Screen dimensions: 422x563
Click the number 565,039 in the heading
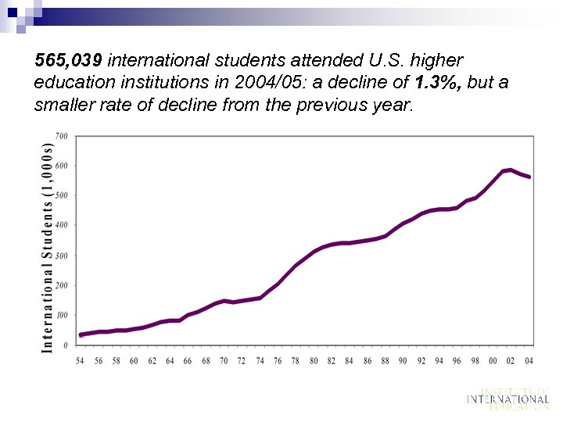coord(69,60)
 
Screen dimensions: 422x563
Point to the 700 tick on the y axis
coord(61,136)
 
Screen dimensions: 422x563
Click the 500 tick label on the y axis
coord(61,195)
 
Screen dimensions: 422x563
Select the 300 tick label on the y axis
coord(61,256)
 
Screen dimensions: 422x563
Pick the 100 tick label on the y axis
coord(61,315)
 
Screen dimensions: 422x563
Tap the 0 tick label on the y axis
coord(65,345)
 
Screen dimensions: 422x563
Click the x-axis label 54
coord(80,361)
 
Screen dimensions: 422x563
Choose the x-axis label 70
coord(224,361)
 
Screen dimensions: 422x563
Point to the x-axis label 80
coord(314,361)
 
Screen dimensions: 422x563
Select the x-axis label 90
coord(403,361)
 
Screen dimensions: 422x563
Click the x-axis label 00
coord(493,361)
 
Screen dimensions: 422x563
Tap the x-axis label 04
coord(529,361)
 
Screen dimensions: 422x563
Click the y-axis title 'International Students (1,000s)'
coord(47,246)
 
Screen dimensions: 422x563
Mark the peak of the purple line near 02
coord(511,170)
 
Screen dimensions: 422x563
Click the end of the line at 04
coord(529,177)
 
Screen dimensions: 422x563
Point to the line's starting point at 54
coord(81,334)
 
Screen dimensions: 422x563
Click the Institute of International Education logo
coord(507,399)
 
